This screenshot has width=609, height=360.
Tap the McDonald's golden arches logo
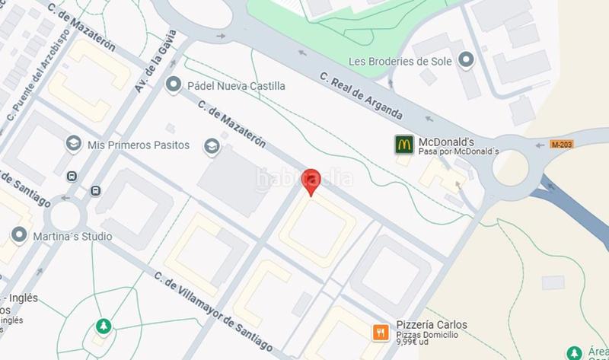(x=403, y=144)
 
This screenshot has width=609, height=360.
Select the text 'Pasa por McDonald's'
(x=458, y=152)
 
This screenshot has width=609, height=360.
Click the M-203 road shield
(x=561, y=144)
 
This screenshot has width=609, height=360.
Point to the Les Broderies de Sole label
(x=400, y=61)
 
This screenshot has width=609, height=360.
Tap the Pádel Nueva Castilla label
(x=237, y=86)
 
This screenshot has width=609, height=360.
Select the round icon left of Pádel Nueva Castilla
(x=174, y=85)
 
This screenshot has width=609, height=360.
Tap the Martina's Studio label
(x=72, y=236)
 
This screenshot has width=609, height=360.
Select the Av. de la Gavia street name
(x=156, y=62)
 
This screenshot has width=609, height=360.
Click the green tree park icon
(x=103, y=327)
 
